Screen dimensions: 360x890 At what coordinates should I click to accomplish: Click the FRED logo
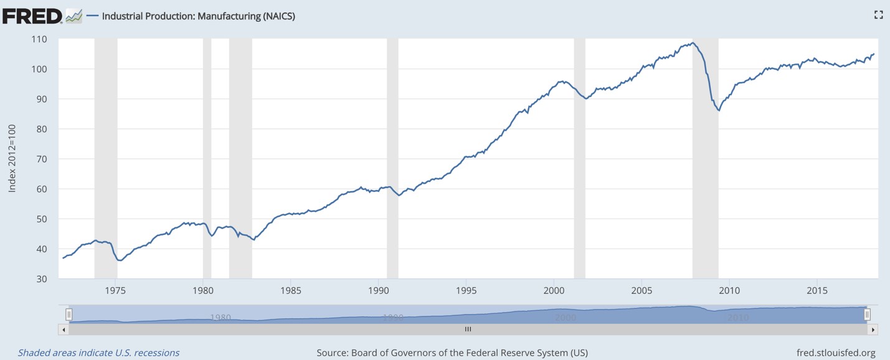pos(32,16)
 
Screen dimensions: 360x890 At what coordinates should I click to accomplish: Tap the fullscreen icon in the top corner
pos(878,15)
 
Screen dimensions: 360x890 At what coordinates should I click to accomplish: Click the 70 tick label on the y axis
pos(40,159)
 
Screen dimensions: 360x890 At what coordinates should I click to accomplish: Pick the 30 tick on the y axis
pos(40,278)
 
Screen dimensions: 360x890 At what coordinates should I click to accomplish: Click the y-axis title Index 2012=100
pos(12,159)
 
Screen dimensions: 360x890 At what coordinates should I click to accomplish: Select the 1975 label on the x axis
pos(115,290)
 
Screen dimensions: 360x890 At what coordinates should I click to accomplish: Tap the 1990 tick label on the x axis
pos(379,290)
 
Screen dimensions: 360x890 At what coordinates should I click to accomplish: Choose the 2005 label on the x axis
pos(641,290)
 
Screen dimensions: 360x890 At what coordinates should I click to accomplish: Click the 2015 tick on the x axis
pos(817,290)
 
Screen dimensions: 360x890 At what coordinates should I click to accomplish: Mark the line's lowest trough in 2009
pos(719,110)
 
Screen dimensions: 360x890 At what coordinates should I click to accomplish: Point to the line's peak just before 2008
pos(692,42)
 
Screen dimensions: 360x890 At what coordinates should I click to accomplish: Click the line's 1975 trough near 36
pos(120,260)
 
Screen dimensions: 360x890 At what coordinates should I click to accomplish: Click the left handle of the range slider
pos(69,315)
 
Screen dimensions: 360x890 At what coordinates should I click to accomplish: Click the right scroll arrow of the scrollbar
pos(873,329)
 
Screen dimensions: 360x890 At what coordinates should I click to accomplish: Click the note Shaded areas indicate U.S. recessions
pos(98,353)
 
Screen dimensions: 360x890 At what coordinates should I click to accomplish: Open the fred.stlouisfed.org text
pos(836,353)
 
